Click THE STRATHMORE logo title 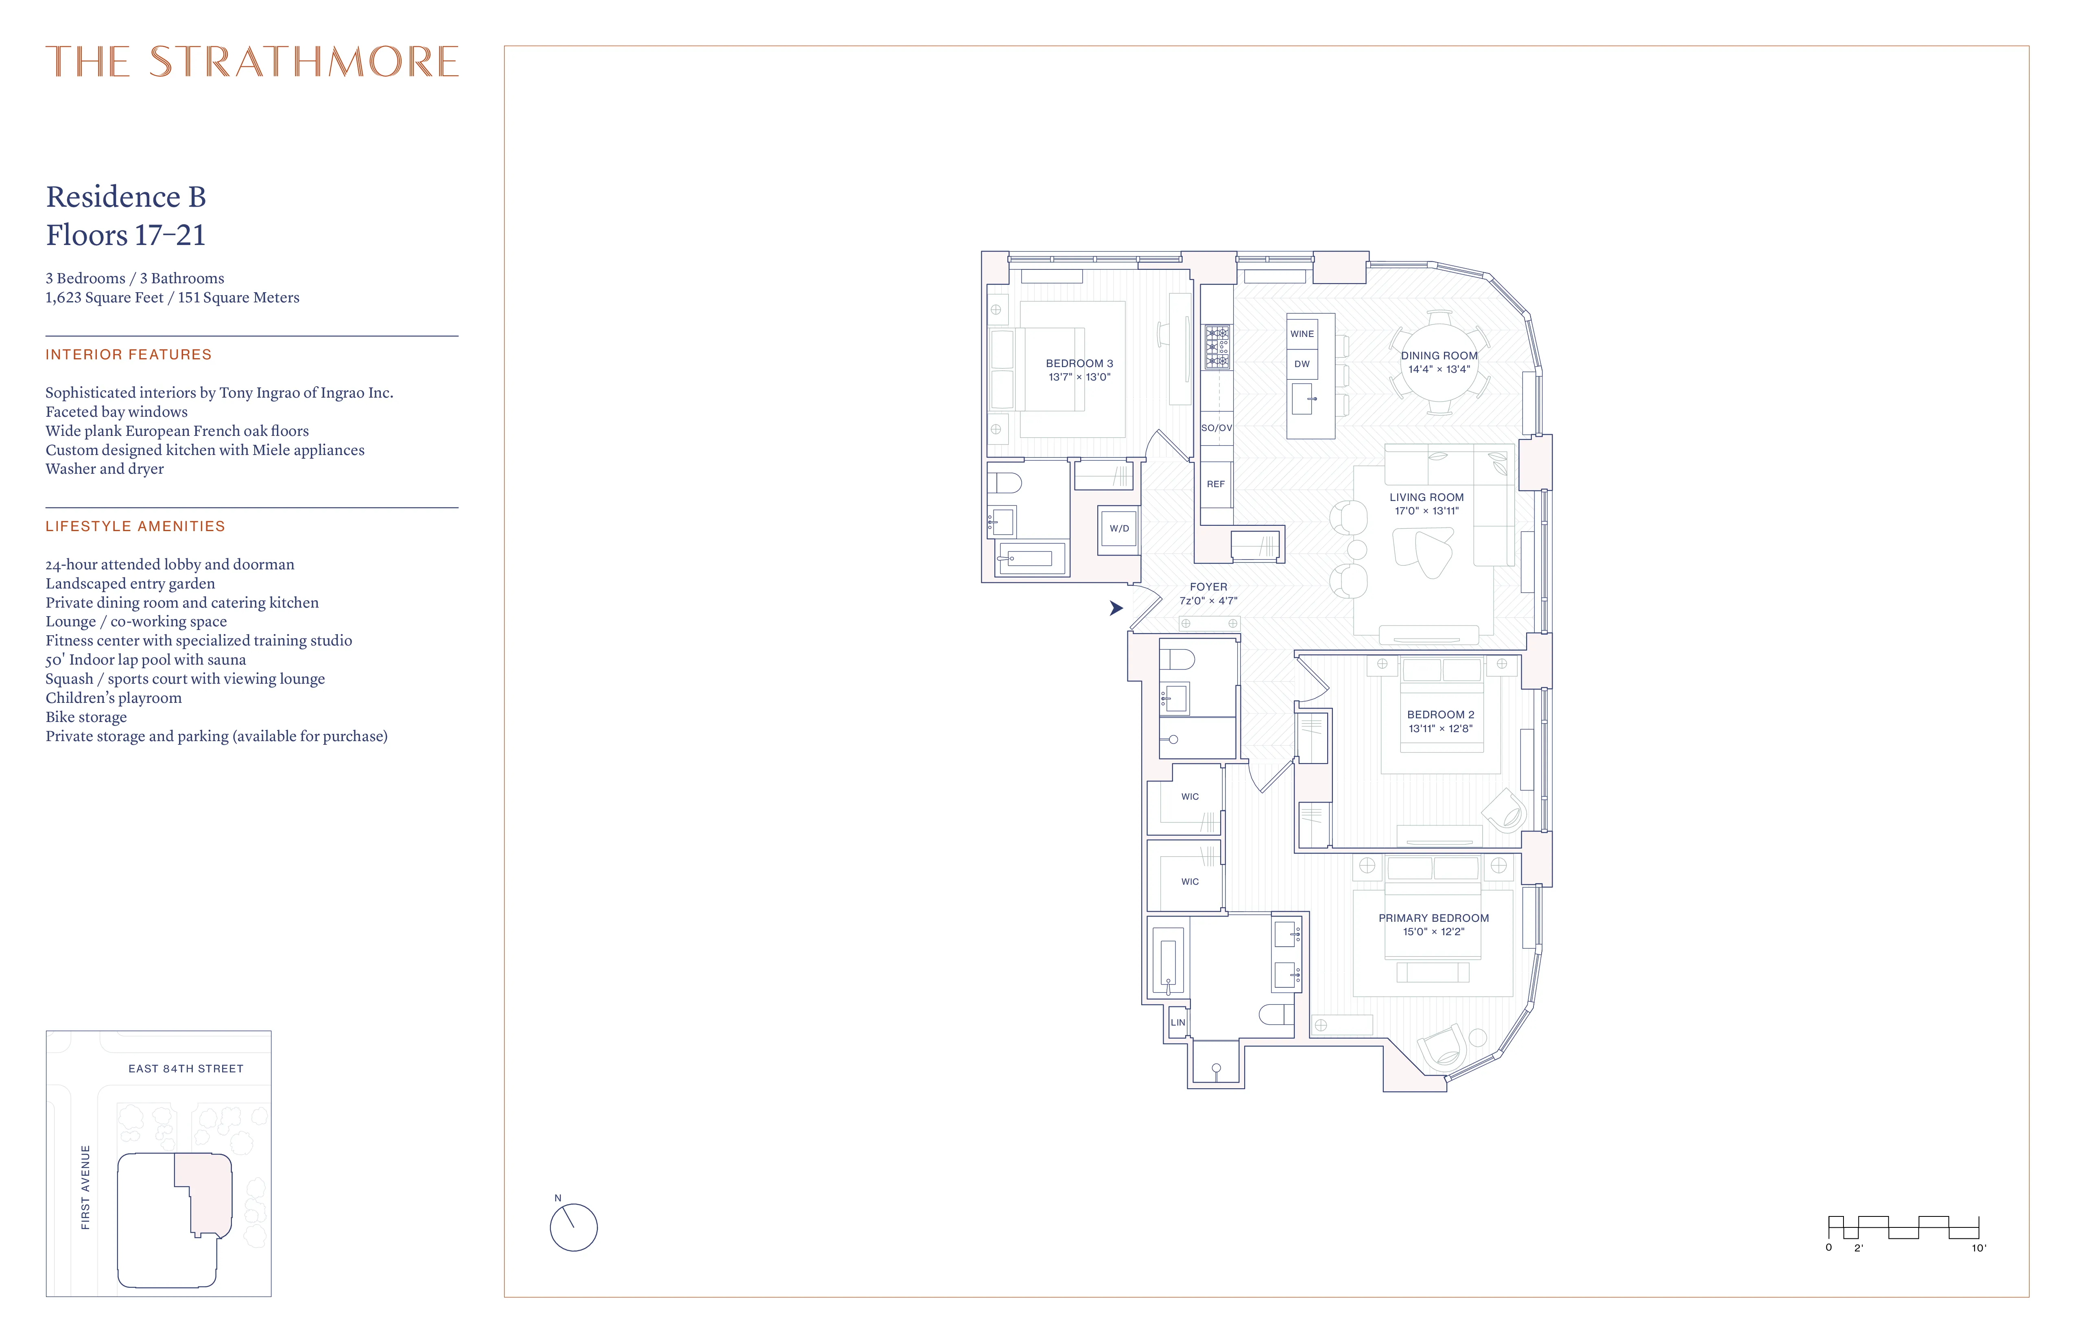click(x=252, y=62)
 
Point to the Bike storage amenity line click(x=86, y=717)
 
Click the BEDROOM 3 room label click(x=1079, y=364)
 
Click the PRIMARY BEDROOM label click(x=1433, y=918)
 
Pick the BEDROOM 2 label click(x=1440, y=714)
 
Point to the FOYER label click(x=1208, y=587)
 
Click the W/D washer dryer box click(x=1118, y=529)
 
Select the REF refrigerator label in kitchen click(x=1215, y=484)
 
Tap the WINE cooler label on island click(x=1302, y=334)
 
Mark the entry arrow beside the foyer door click(x=1116, y=608)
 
